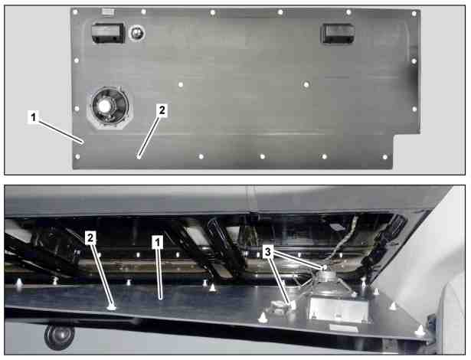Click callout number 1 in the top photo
[34, 117]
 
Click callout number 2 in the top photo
[162, 110]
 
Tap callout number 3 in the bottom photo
[267, 252]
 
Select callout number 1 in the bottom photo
[158, 242]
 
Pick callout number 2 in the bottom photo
[90, 238]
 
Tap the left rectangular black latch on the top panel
[108, 33]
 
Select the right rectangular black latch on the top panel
[338, 34]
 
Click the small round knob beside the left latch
[137, 32]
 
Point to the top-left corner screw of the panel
[75, 12]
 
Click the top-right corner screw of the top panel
[414, 14]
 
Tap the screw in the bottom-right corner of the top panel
[385, 157]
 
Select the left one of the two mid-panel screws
[181, 85]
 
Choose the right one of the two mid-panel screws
[306, 85]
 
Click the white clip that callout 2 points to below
[112, 307]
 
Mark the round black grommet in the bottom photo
[59, 336]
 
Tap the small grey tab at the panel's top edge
[108, 11]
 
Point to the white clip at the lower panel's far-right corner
[420, 331]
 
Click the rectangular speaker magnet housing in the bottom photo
[339, 309]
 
